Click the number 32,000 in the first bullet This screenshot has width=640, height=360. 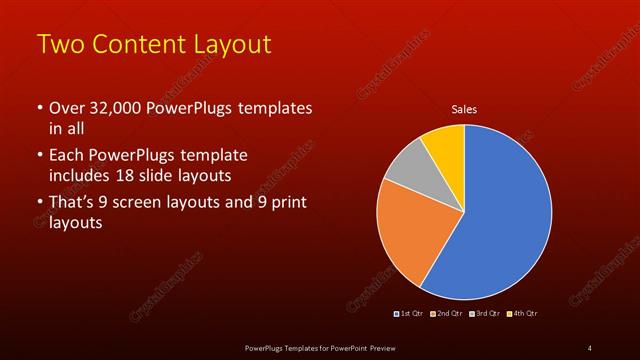107,107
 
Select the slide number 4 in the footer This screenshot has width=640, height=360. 590,347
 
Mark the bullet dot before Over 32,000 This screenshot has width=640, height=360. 39,108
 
